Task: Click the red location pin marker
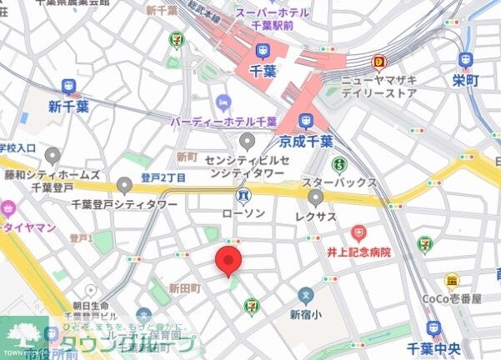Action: tap(229, 260)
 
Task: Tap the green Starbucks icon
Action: tap(338, 165)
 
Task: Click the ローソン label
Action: tap(243, 213)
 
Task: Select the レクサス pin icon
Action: tap(316, 197)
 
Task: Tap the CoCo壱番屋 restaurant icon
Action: tap(453, 282)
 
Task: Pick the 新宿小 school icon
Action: tap(306, 295)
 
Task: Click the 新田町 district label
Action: tap(185, 287)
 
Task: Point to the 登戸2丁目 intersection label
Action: tap(163, 177)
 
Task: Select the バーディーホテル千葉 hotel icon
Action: tap(222, 102)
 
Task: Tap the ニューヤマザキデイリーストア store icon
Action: tap(381, 62)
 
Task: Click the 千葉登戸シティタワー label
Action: tap(124, 203)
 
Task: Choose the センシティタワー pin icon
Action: tap(246, 142)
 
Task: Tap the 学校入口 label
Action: tap(18, 147)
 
